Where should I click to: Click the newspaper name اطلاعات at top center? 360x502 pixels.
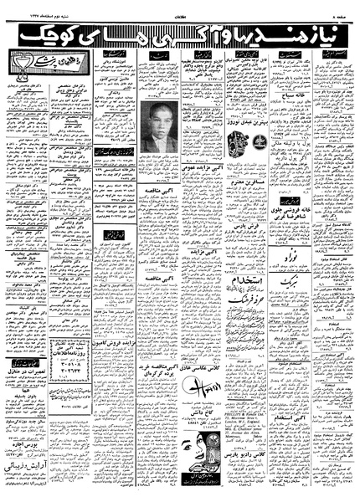click(179, 8)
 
